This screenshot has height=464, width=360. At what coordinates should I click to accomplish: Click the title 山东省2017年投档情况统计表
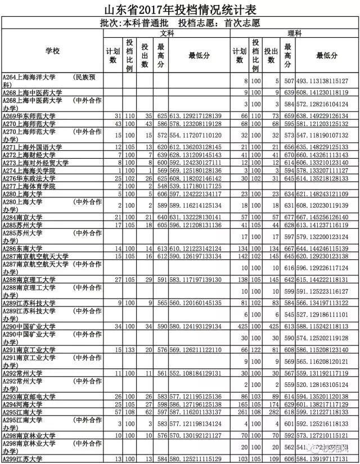(179, 10)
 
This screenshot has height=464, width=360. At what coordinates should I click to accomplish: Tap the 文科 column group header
(166, 34)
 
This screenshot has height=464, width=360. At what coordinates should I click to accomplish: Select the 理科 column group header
(294, 34)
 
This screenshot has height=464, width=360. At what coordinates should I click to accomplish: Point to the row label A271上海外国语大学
(33, 147)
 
